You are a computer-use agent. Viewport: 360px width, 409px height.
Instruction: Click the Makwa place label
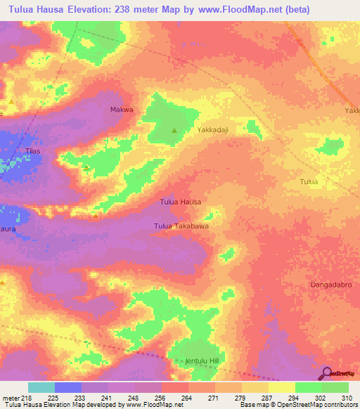tap(122, 110)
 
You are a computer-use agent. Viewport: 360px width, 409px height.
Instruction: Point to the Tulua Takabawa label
tap(181, 226)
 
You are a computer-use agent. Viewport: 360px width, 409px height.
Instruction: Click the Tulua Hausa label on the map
tap(181, 202)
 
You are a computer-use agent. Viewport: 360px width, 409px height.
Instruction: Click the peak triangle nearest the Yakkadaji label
tap(175, 130)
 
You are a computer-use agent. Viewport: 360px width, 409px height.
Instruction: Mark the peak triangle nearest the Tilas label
tap(86, 168)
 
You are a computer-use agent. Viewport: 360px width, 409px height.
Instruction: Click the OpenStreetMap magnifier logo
tap(326, 373)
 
